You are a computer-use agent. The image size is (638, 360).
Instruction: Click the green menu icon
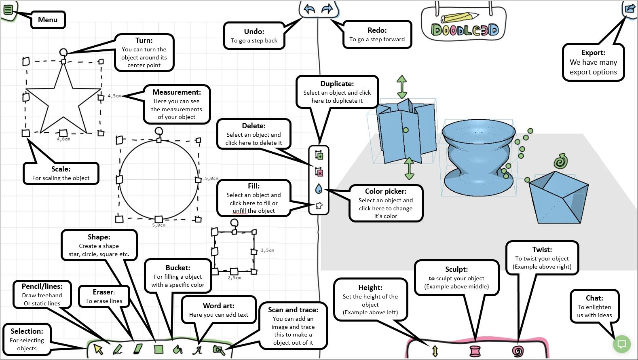(x=8, y=8)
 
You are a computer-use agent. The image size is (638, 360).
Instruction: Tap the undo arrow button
(x=309, y=9)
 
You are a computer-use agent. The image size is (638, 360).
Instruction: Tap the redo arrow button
(x=327, y=9)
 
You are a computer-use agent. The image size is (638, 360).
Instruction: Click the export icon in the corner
(x=630, y=8)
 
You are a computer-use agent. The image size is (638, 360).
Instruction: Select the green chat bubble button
(x=622, y=344)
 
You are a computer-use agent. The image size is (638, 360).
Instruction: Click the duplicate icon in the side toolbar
(x=319, y=155)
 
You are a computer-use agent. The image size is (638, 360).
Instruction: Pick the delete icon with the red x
(x=319, y=172)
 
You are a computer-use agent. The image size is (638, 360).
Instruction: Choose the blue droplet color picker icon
(x=319, y=189)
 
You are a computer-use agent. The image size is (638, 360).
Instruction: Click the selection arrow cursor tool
(x=98, y=349)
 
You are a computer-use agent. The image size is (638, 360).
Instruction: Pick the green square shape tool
(x=158, y=349)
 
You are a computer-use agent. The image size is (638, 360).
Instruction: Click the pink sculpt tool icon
(x=475, y=351)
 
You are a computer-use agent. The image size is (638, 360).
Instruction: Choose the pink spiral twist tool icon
(x=518, y=351)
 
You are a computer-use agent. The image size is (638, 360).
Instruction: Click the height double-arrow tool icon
(x=435, y=351)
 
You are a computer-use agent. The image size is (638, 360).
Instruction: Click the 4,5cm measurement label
(x=114, y=96)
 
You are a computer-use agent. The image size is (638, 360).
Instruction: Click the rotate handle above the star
(x=63, y=52)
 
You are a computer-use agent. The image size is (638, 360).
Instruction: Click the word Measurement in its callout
(x=177, y=92)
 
